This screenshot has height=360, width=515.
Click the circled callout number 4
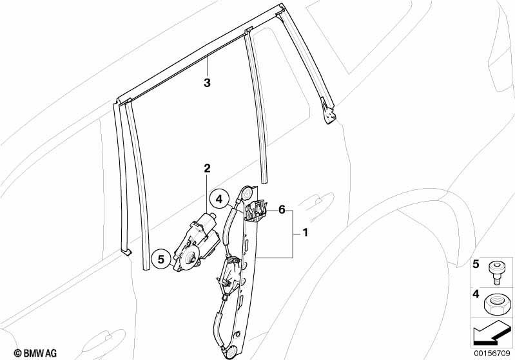point(219,199)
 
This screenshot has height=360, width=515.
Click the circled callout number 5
point(161,260)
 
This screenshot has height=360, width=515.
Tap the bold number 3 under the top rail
point(207,82)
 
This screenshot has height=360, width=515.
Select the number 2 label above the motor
point(207,169)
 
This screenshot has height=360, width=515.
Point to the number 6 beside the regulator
point(282,209)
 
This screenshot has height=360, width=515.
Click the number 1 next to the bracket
point(305,233)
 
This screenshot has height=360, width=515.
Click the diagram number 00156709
point(492,354)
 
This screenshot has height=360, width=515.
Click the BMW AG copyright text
point(35,353)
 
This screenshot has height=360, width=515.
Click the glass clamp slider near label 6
point(257,211)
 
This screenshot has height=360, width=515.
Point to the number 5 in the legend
point(476,264)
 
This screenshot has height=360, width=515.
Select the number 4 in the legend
point(476,294)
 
